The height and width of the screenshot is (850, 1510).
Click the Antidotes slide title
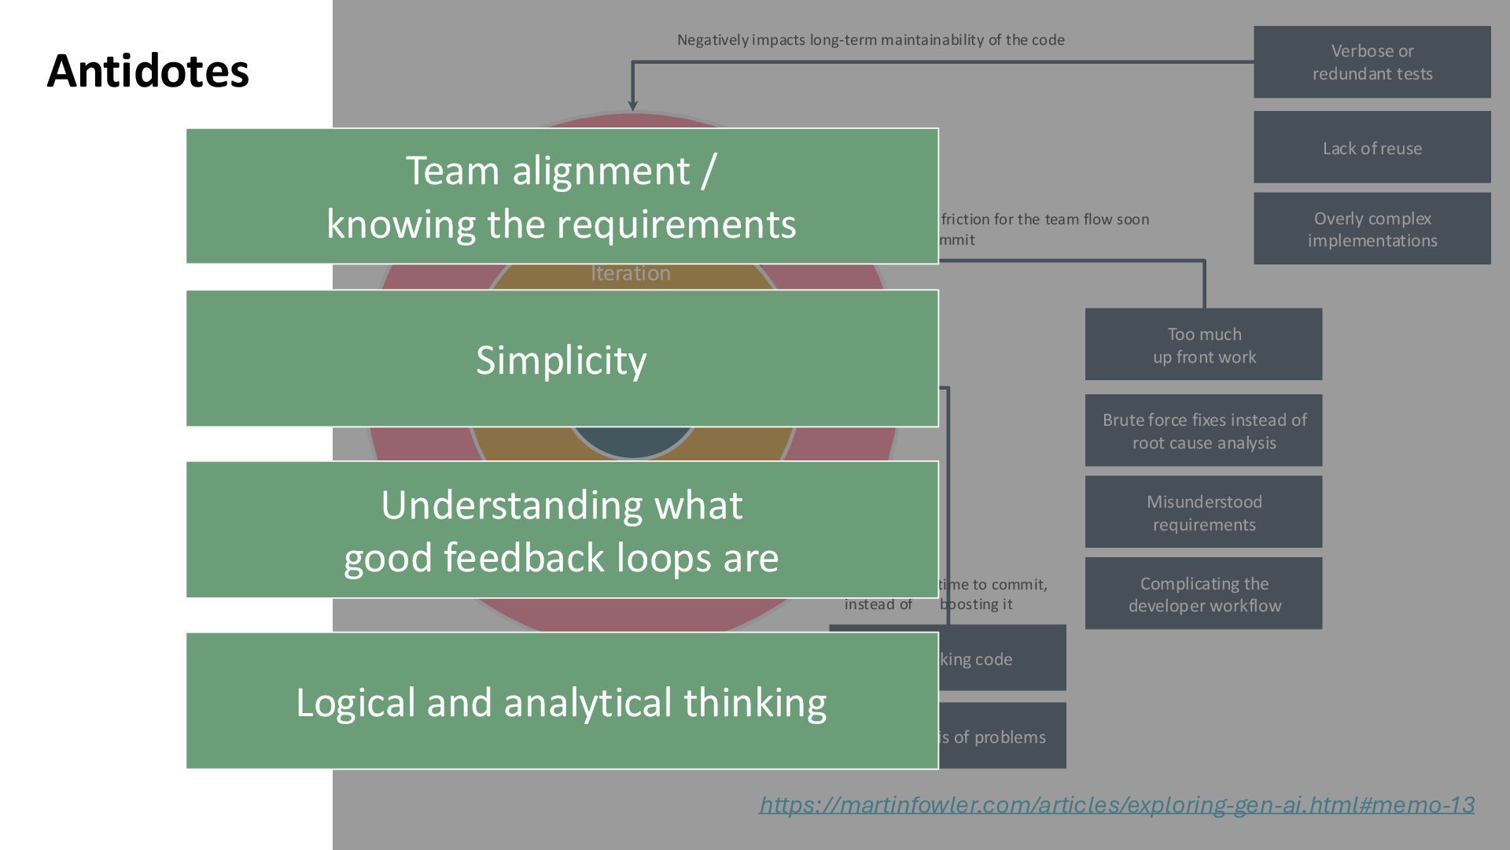tap(148, 71)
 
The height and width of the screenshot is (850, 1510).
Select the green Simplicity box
tap(562, 360)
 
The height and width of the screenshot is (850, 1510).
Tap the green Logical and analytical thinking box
tap(562, 701)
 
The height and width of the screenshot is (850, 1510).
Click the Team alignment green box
tap(562, 196)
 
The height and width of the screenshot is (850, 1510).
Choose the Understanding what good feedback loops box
tap(562, 530)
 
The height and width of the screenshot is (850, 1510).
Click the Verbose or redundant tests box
tap(1372, 62)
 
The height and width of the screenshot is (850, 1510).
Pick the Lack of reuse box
tap(1372, 148)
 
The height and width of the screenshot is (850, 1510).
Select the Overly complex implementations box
tap(1372, 229)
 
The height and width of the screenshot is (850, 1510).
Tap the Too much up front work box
tap(1203, 345)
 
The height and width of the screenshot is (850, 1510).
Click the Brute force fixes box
tap(1203, 431)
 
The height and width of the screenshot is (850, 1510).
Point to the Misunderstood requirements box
tap(1203, 512)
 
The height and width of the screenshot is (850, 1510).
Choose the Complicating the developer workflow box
tap(1203, 594)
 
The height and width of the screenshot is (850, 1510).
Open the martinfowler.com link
tap(1116, 804)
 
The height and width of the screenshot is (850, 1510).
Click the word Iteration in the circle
tap(631, 274)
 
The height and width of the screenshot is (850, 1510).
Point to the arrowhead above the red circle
tap(632, 105)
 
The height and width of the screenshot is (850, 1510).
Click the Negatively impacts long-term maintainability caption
tap(871, 40)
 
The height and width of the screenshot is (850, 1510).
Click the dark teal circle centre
tap(632, 442)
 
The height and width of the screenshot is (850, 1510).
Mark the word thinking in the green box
tap(754, 703)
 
